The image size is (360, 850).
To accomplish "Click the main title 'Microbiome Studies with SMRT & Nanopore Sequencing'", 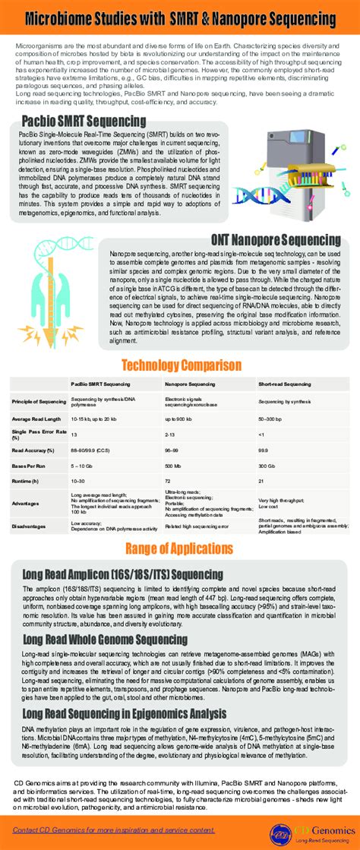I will (180, 17).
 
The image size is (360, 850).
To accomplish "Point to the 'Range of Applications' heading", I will (180, 548).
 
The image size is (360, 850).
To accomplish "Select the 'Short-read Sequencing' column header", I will (284, 384).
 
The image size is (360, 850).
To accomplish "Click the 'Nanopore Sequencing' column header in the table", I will (191, 384).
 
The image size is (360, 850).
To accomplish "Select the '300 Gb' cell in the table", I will (267, 465).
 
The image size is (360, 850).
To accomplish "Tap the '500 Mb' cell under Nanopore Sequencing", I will (173, 465).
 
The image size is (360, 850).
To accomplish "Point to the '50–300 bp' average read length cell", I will (270, 419).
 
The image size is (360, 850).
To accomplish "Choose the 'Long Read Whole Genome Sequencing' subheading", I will (104, 640).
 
